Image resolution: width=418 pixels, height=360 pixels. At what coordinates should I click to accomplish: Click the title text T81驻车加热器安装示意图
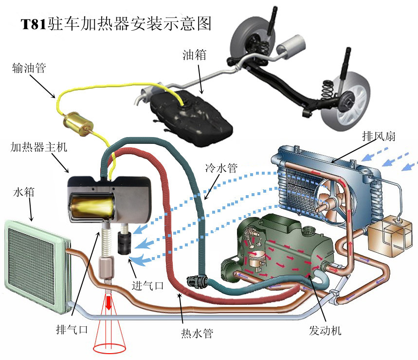click(x=116, y=24)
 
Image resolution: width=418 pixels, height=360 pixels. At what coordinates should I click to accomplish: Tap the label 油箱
click(x=194, y=55)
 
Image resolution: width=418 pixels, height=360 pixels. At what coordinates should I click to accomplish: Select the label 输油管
click(x=29, y=68)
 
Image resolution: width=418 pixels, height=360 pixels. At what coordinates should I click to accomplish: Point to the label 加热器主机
click(x=39, y=147)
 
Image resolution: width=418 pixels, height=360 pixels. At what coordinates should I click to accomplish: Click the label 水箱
click(x=24, y=192)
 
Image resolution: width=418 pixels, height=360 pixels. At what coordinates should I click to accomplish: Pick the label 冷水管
click(x=221, y=168)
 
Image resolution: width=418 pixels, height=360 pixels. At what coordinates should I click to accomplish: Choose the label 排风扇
click(x=379, y=136)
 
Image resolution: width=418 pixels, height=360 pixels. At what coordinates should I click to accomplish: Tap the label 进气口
click(x=147, y=285)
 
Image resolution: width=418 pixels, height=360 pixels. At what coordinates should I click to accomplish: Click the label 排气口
click(x=72, y=330)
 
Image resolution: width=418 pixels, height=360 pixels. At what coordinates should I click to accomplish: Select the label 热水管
click(x=197, y=333)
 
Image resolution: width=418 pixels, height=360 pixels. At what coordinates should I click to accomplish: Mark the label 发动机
click(x=325, y=330)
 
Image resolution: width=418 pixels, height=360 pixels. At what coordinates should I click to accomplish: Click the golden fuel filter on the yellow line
click(x=78, y=124)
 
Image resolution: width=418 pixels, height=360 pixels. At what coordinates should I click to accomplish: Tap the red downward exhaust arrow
click(x=108, y=302)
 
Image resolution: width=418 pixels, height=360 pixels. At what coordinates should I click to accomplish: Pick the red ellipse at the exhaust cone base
click(x=109, y=348)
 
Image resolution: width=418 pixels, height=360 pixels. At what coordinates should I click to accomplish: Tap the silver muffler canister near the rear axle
click(x=291, y=45)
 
